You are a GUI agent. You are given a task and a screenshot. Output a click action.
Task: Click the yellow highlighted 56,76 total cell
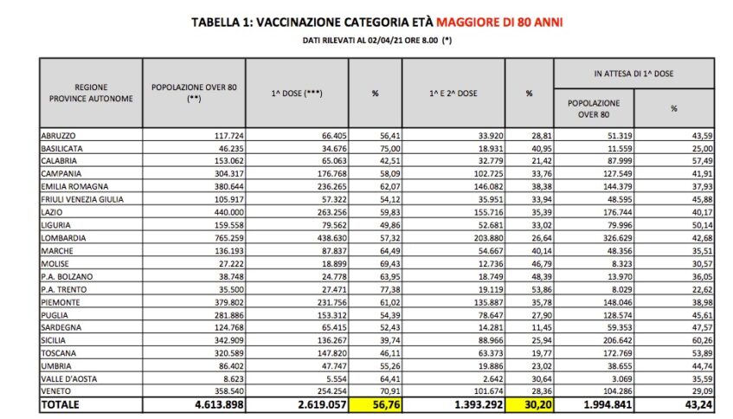pos(376,404)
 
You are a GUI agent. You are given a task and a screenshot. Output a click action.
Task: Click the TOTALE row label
pos(62,404)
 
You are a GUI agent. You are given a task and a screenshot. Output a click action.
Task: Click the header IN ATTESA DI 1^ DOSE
pos(634,74)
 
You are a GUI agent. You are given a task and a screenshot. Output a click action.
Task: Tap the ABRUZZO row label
pos(60,135)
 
